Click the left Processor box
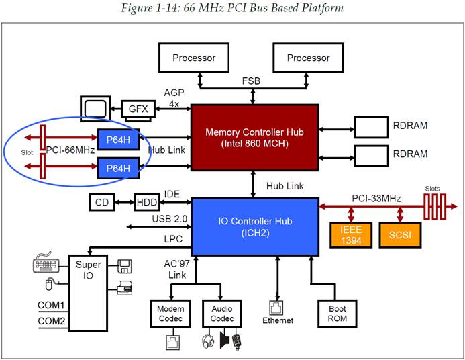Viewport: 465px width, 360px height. coord(194,58)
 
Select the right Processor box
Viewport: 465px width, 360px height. coord(308,58)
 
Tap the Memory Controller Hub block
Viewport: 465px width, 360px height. coord(255,138)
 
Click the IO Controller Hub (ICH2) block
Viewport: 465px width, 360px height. coord(255,227)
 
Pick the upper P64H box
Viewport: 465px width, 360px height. coord(118,140)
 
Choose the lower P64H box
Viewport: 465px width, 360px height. coord(118,168)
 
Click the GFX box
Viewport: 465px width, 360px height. coord(138,109)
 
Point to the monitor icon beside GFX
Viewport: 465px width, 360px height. coord(95,107)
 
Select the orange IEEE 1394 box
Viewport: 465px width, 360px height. coord(351,235)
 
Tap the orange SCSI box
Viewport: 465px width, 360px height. coord(400,235)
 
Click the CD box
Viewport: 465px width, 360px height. coord(102,202)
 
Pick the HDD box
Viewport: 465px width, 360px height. coord(147,202)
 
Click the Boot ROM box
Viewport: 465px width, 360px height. coord(338,314)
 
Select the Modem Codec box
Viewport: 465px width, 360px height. coord(170,314)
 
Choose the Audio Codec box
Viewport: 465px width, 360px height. coord(222,314)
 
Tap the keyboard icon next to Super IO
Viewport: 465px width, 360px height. coord(46,263)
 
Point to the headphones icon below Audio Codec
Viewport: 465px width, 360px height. coord(208,341)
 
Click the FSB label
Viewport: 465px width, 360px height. coord(251,81)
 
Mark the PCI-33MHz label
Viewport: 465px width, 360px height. coord(376,198)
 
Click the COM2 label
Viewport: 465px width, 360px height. coord(51,321)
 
